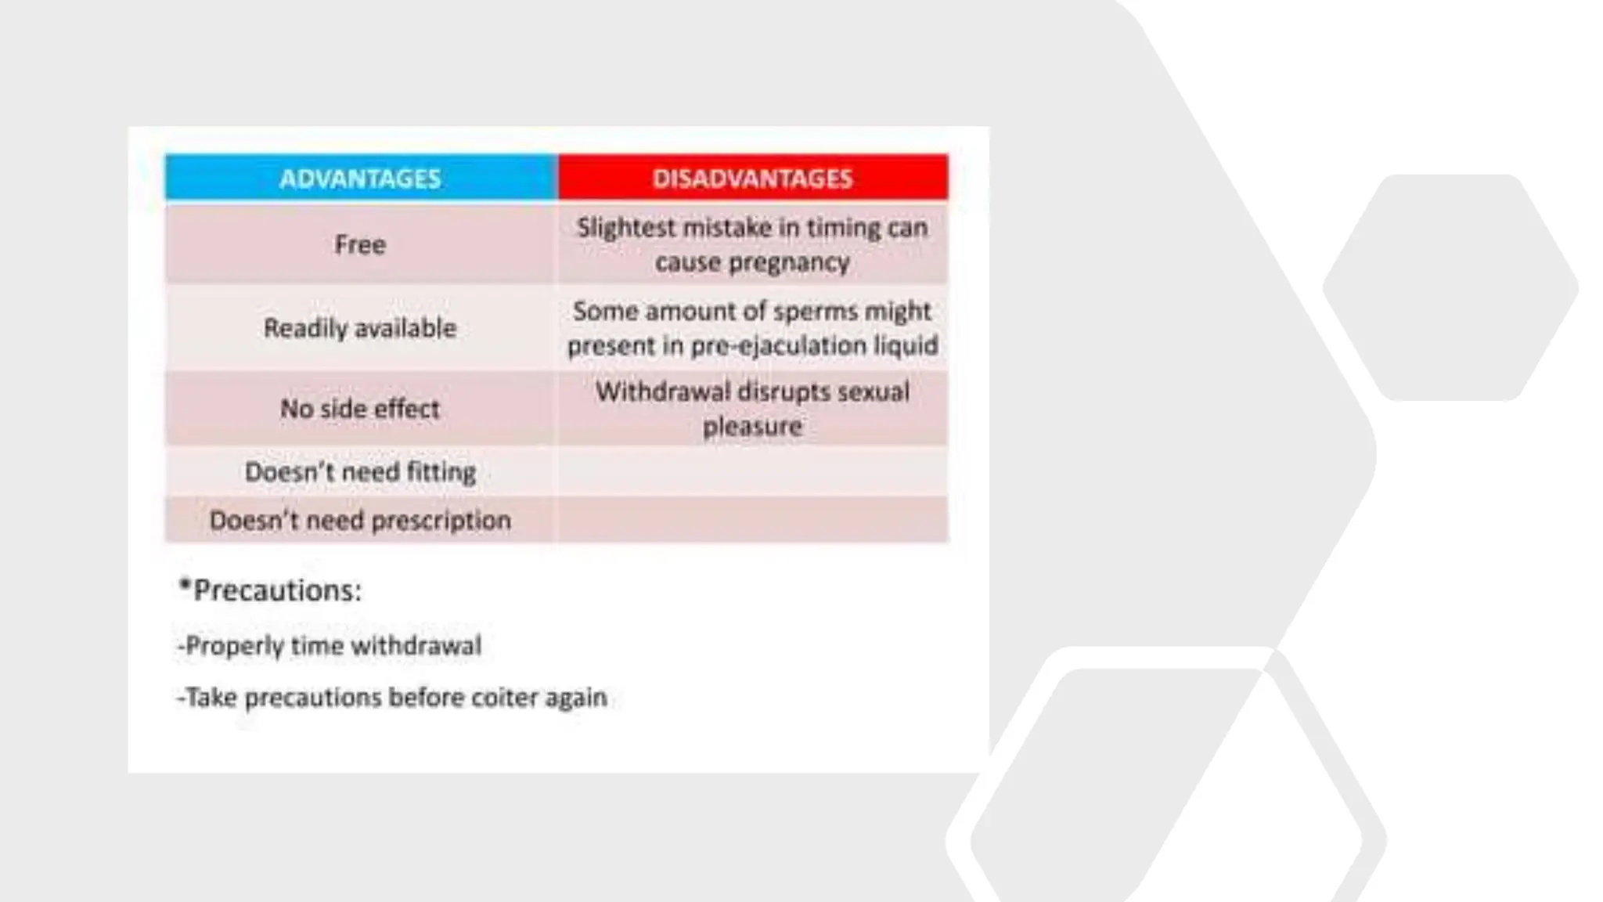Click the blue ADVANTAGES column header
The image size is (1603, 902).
pyautogui.click(x=360, y=179)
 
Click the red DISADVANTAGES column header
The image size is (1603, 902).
pyautogui.click(x=752, y=179)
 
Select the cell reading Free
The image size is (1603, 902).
pyautogui.click(x=360, y=244)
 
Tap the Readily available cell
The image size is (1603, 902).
pyautogui.click(x=360, y=327)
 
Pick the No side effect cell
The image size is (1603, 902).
pyautogui.click(x=360, y=409)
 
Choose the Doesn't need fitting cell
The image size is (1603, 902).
pyautogui.click(x=360, y=472)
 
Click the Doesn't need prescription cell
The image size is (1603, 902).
pyautogui.click(x=360, y=520)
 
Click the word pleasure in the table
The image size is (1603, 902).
pyautogui.click(x=752, y=427)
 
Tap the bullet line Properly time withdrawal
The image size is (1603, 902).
pyautogui.click(x=330, y=646)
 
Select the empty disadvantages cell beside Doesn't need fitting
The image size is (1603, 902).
pyautogui.click(x=752, y=472)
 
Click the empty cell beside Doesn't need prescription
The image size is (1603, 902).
pyautogui.click(x=752, y=520)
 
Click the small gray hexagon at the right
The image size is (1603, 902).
pyautogui.click(x=1450, y=287)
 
